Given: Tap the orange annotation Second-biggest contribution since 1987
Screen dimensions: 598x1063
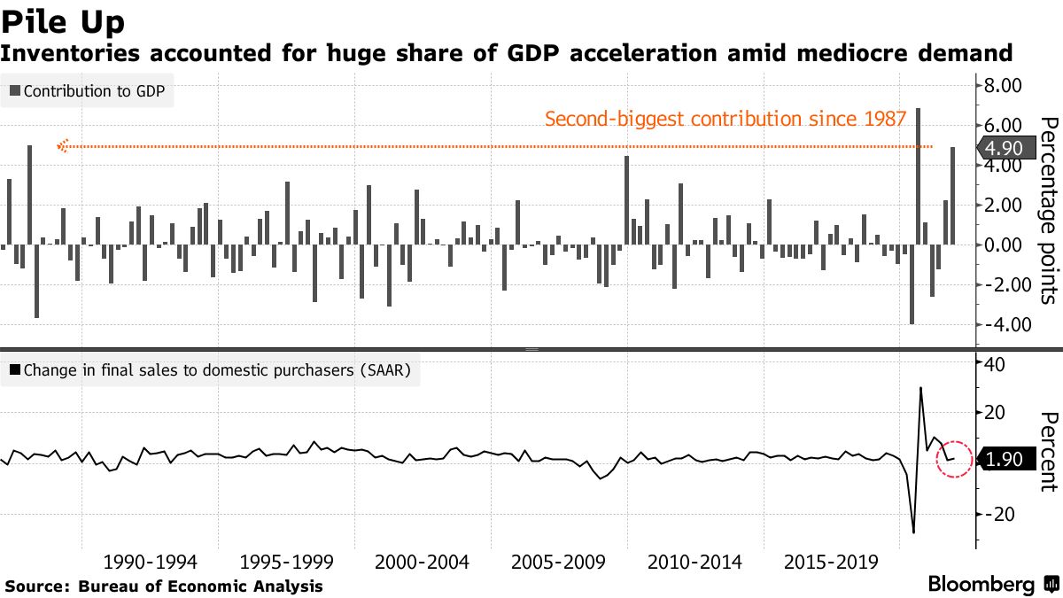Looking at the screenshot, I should pyautogui.click(x=725, y=119).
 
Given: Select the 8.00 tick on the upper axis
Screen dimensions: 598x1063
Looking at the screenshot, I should pyautogui.click(x=1003, y=86).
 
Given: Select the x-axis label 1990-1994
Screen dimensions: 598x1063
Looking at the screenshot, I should pyautogui.click(x=151, y=563).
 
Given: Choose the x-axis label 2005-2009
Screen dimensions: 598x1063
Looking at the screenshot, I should pyautogui.click(x=558, y=563).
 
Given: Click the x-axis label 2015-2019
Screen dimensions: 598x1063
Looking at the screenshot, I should pyautogui.click(x=831, y=563).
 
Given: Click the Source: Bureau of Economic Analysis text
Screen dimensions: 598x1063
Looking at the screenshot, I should pyautogui.click(x=164, y=586).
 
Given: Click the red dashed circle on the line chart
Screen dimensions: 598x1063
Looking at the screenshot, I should pyautogui.click(x=955, y=459).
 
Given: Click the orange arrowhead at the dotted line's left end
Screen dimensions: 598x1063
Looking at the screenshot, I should pyautogui.click(x=62, y=146).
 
